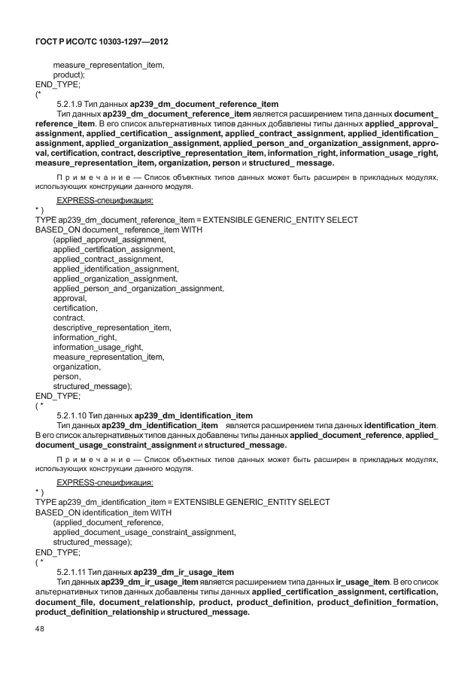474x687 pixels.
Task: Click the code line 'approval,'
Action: (69, 298)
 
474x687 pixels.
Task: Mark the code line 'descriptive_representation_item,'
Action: (112, 327)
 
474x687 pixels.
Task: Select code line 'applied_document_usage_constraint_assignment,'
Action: (144, 532)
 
